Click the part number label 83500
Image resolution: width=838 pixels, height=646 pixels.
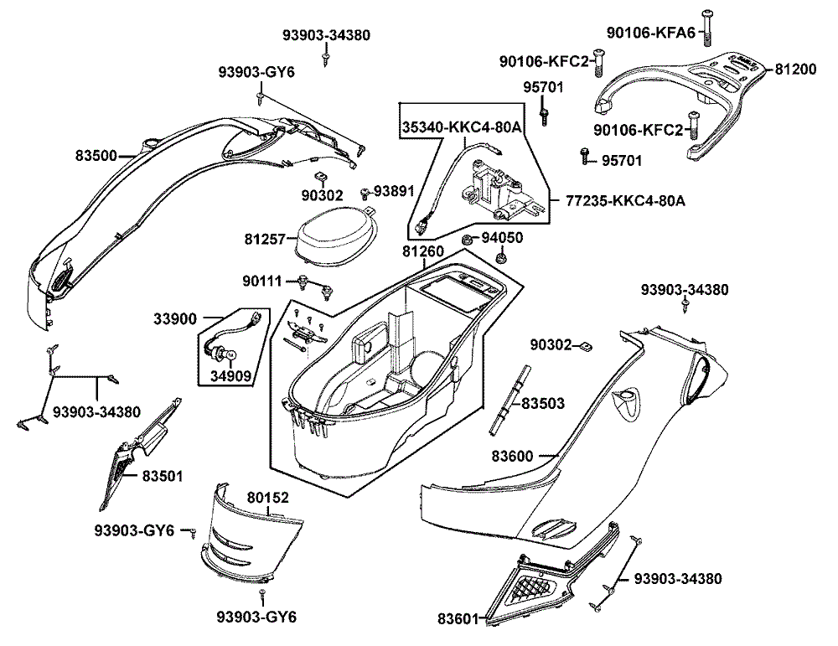[x=96, y=155]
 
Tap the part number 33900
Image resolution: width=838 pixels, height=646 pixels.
[x=175, y=318]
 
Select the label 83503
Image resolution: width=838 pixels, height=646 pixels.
[x=542, y=403]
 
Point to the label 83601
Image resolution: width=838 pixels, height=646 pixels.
[x=458, y=619]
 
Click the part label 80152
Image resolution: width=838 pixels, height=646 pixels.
[x=267, y=498]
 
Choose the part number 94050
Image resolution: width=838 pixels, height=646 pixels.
[x=504, y=238]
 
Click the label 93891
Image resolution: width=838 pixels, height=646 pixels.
[x=394, y=191]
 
